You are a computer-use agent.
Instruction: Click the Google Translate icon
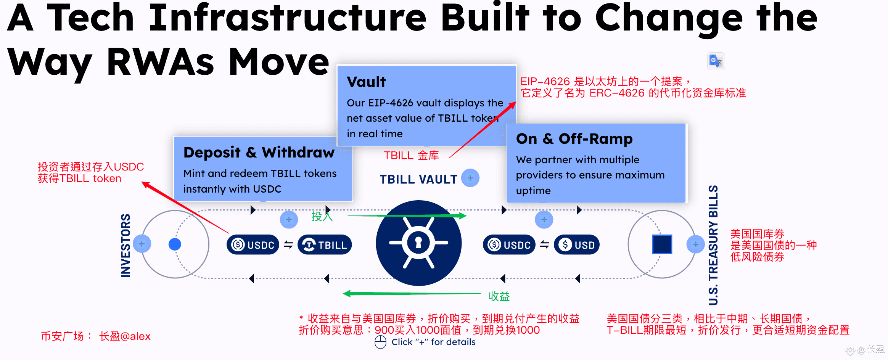[716, 61]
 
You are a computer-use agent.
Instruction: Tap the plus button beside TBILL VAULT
[470, 178]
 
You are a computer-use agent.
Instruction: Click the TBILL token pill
[325, 245]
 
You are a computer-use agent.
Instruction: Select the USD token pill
[576, 245]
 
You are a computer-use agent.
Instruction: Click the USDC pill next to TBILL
[253, 245]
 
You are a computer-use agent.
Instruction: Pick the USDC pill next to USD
[509, 245]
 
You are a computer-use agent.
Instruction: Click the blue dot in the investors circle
[175, 244]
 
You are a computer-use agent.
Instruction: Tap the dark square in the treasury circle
[662, 244]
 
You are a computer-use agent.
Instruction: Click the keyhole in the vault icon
[418, 243]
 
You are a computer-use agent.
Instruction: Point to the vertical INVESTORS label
[125, 246]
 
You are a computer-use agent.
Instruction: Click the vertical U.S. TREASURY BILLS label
[713, 245]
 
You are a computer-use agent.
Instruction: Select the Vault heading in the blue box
[366, 82]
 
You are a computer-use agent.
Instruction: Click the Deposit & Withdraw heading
[259, 153]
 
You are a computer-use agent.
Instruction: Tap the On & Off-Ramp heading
[574, 139]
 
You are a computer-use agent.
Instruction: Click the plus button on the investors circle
[142, 244]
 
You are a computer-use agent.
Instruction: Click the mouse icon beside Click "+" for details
[380, 342]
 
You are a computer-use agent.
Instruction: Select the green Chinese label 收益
[499, 296]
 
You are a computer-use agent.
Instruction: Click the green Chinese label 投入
[322, 216]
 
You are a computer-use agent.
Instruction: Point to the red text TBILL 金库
[411, 156]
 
